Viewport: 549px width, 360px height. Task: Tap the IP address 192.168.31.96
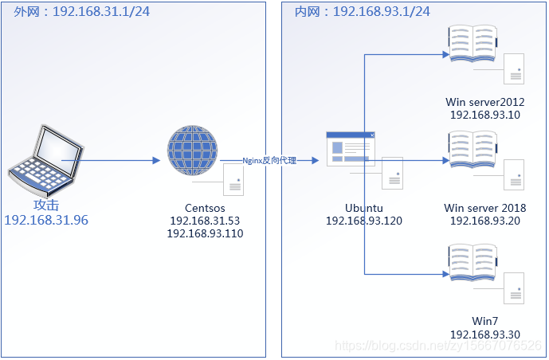pos(46,220)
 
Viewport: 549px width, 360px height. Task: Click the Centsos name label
pos(205,207)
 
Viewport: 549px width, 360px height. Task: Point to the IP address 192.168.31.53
pos(205,221)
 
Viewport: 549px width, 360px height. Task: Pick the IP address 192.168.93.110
pos(205,233)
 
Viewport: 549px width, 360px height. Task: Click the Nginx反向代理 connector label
pos(269,161)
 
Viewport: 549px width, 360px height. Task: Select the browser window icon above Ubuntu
pos(350,149)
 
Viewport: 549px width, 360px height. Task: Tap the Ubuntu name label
pos(363,207)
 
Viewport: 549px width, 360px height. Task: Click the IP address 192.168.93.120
pos(363,221)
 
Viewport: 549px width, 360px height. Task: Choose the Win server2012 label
pos(484,101)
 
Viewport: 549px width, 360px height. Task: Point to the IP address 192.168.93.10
pos(484,114)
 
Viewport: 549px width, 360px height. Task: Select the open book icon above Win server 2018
pos(472,150)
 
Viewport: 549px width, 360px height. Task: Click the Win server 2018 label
pos(484,207)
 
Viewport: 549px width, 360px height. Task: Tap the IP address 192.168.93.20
pos(484,221)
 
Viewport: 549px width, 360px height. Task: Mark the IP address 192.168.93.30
pos(484,335)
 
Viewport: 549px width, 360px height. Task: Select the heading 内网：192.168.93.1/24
pos(362,11)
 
